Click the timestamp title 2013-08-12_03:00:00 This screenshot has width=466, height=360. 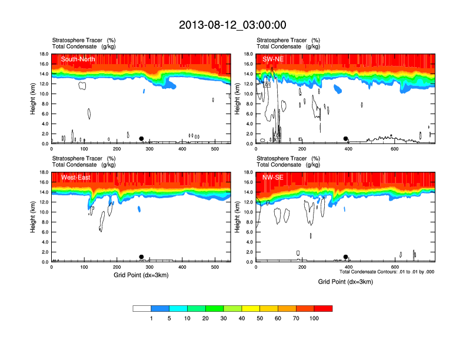[x=232, y=25]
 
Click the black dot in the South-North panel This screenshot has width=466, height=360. [x=141, y=139]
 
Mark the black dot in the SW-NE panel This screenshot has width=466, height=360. [x=346, y=139]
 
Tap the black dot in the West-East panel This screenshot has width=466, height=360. [x=141, y=257]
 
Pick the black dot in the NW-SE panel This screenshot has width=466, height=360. [x=346, y=257]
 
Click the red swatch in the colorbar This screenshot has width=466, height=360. [x=323, y=308]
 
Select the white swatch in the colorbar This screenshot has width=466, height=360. [x=142, y=308]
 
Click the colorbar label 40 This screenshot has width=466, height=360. [x=242, y=318]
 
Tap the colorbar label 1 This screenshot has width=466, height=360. [x=151, y=318]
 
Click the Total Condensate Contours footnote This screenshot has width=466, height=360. [x=387, y=272]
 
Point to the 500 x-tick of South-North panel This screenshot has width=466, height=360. [x=215, y=149]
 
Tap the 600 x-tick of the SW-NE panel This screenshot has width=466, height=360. [x=394, y=149]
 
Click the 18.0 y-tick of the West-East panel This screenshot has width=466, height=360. [x=43, y=172]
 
